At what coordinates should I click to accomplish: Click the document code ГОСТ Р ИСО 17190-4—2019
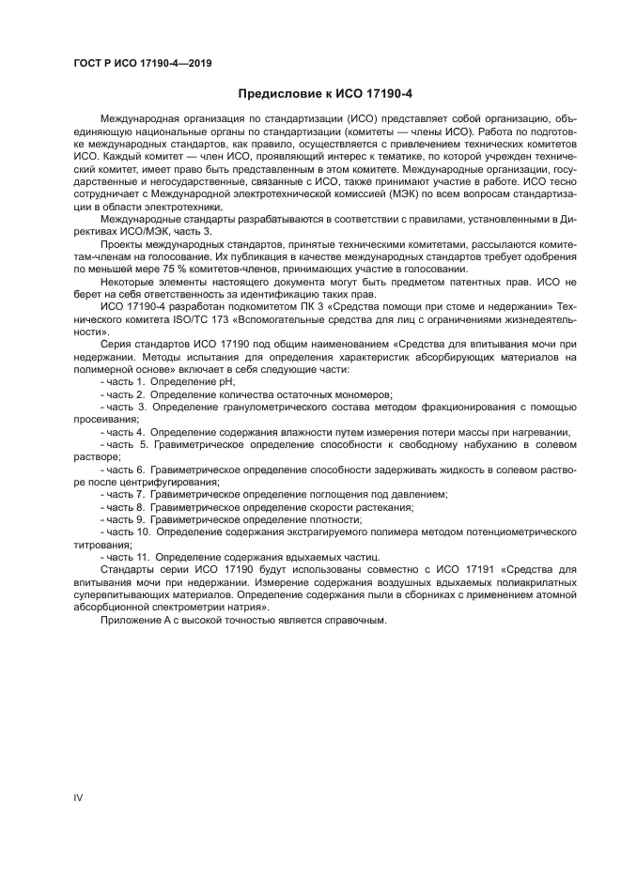click(x=142, y=64)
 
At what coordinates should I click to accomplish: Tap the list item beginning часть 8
click(x=259, y=506)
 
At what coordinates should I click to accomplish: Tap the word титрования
click(x=102, y=544)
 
